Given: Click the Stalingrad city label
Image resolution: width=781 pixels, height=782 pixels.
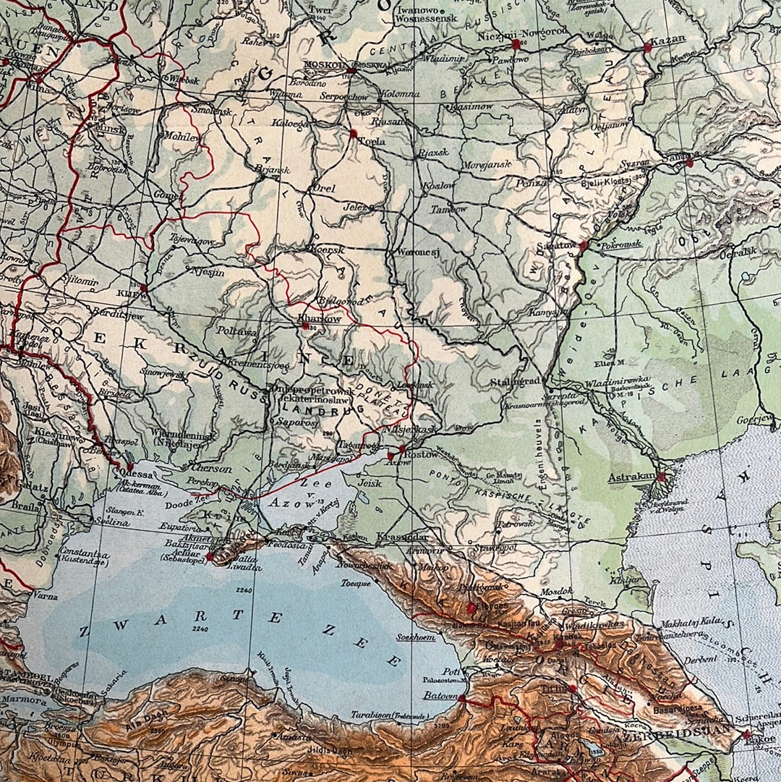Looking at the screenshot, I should (x=515, y=381).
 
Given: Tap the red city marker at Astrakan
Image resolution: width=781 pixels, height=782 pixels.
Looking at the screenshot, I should (x=660, y=477).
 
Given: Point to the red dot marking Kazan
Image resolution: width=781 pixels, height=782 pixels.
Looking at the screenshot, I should (x=647, y=48).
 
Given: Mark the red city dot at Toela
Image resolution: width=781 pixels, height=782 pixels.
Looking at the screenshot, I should (x=354, y=134).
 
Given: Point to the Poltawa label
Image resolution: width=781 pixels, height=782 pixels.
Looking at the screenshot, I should (x=237, y=331).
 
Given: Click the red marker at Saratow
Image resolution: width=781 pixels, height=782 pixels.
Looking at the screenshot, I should (x=583, y=246).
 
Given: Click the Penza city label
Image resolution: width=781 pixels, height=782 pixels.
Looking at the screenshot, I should (x=531, y=183).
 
